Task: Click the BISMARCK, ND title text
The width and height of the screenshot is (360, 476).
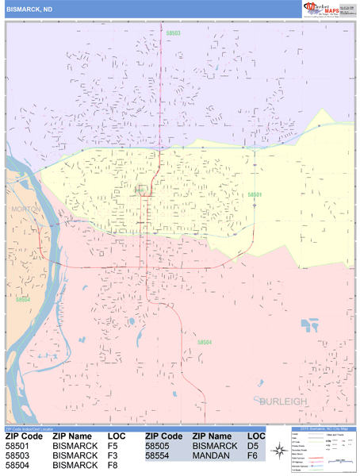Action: pos(30,10)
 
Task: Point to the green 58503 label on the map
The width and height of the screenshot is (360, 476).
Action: pos(173,33)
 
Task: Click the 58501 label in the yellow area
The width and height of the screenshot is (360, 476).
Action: pos(255,194)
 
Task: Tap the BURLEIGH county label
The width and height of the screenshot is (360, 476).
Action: pos(281,402)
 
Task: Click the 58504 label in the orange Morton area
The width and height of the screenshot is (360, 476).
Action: pos(22,299)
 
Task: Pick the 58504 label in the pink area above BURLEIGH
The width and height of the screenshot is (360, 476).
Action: pos(204,342)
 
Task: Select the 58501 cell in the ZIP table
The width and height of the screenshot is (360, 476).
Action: pos(17,447)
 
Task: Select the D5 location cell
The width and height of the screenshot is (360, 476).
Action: pos(253,447)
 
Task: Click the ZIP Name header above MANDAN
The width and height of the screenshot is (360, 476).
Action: pos(213,436)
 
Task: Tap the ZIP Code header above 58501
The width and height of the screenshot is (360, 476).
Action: pos(24,436)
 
